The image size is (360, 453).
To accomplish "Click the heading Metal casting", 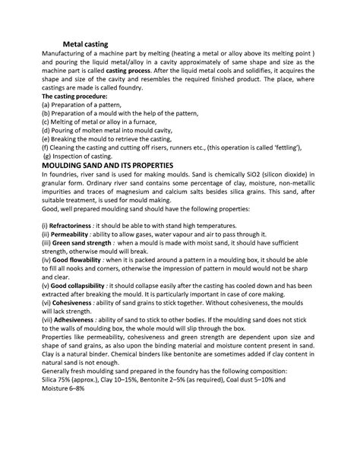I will (x=85, y=45).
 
